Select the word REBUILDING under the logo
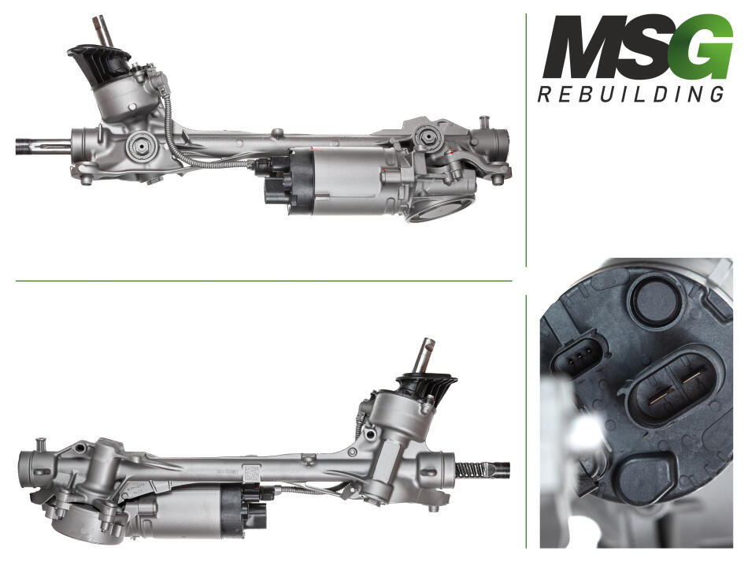point(631,94)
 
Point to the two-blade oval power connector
point(672,385)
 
